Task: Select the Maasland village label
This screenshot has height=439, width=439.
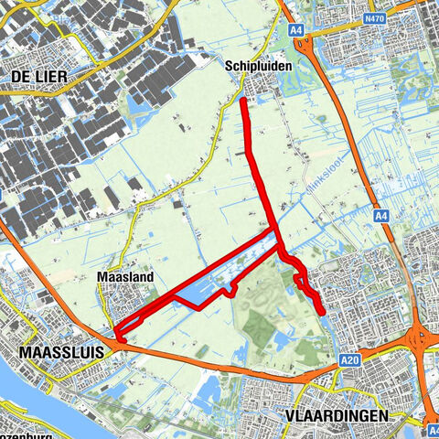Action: click(123, 275)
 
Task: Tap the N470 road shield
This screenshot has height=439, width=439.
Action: click(374, 17)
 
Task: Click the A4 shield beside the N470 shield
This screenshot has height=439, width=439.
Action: click(296, 30)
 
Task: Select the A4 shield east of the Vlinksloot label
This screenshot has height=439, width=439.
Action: click(383, 216)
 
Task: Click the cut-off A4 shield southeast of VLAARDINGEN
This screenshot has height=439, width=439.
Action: click(433, 427)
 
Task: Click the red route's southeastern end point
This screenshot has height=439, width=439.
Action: click(323, 313)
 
